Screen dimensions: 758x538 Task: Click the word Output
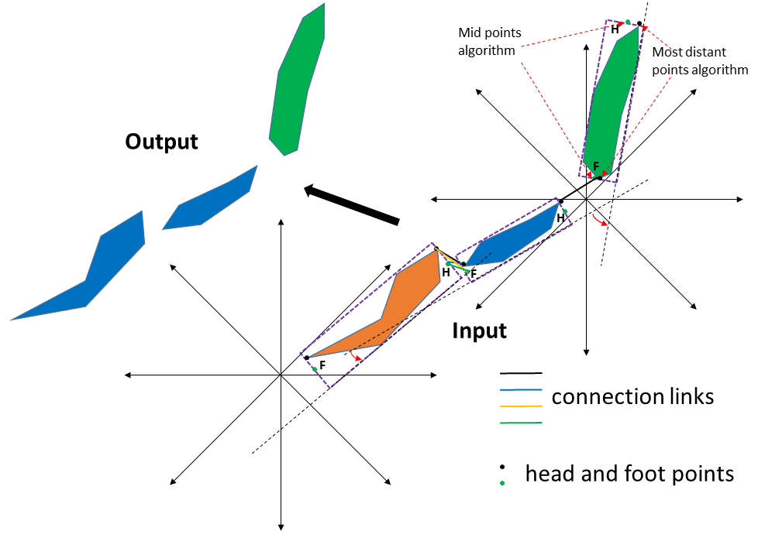(161, 142)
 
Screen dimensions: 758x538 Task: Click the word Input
(479, 331)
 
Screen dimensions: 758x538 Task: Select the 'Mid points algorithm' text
(489, 42)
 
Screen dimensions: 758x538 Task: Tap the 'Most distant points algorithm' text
(700, 61)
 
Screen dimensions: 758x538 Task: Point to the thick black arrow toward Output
(352, 205)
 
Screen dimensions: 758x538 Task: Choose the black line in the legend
(521, 373)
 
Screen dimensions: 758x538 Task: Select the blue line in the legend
(521, 389)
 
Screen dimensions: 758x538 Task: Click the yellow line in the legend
(521, 406)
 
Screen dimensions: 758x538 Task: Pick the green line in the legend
(521, 423)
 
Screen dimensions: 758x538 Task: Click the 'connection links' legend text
(632, 396)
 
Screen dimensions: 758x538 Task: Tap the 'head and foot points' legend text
(629, 474)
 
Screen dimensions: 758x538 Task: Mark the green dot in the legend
(502, 483)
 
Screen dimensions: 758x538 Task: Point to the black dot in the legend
(502, 467)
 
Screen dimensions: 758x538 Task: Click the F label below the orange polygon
(322, 365)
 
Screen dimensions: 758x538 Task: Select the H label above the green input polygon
(615, 30)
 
